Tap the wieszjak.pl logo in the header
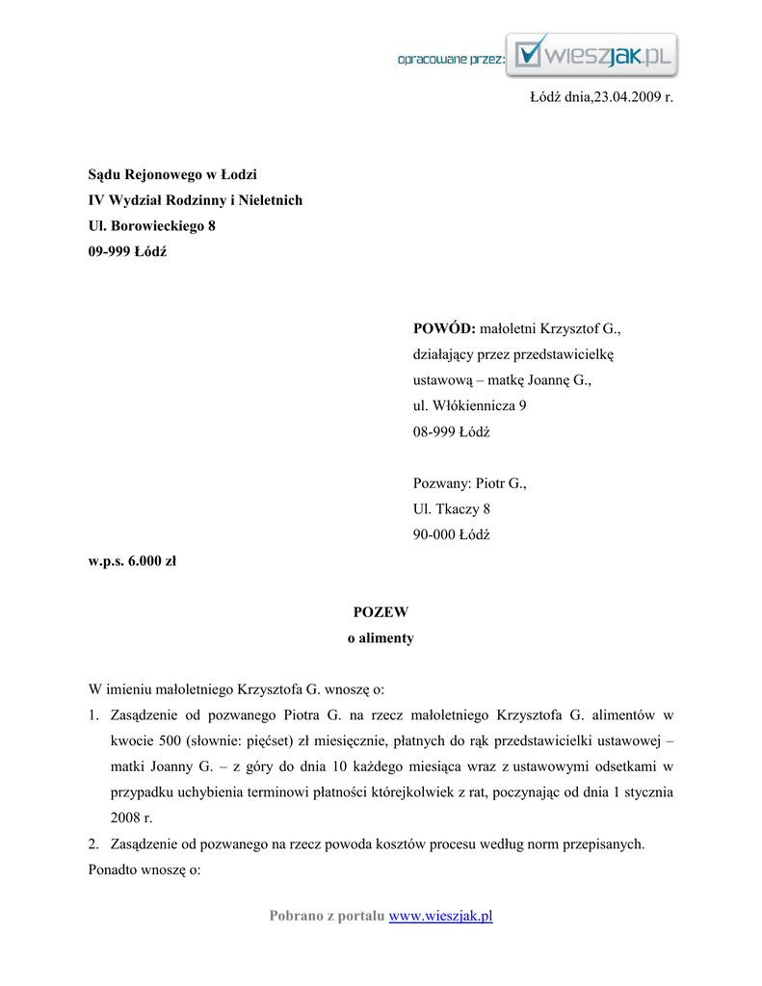tap(592, 56)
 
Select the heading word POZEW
tap(381, 611)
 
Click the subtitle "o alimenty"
tap(381, 637)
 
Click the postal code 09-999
tap(110, 252)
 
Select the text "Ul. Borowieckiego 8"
tap(151, 226)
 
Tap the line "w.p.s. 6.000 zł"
tap(132, 560)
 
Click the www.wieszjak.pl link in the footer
tap(440, 916)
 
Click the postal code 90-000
tap(434, 534)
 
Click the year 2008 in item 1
tap(124, 818)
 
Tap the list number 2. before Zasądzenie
tap(94, 844)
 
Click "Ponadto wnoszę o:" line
tap(144, 870)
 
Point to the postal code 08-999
tap(434, 431)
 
